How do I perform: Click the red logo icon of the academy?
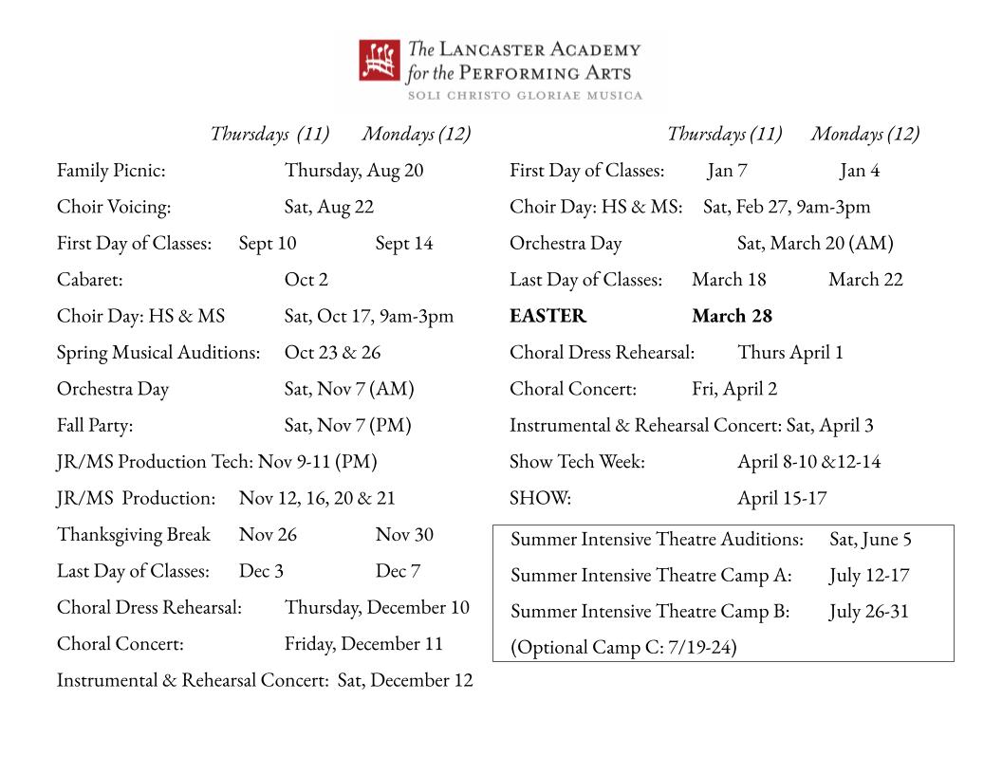[x=380, y=60]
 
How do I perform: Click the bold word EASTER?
[x=547, y=316]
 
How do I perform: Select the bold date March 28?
[x=732, y=316]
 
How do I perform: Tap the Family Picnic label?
[x=111, y=171]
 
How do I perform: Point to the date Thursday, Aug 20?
[x=354, y=171]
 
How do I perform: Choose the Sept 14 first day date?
[x=404, y=244]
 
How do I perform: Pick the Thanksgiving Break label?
[x=134, y=535]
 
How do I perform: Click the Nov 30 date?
[x=404, y=535]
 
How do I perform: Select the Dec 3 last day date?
[x=261, y=571]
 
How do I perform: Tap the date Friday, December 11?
[x=363, y=644]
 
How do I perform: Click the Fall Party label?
[x=95, y=426]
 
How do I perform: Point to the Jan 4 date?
[x=860, y=171]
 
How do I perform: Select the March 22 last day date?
[x=865, y=280]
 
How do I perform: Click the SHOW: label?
[x=540, y=498]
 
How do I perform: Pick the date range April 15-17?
[x=782, y=498]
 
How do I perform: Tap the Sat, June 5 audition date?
[x=870, y=540]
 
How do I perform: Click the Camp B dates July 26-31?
[x=868, y=612]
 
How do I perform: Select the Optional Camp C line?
[x=623, y=648]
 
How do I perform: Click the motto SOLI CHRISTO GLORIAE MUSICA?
[x=525, y=95]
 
